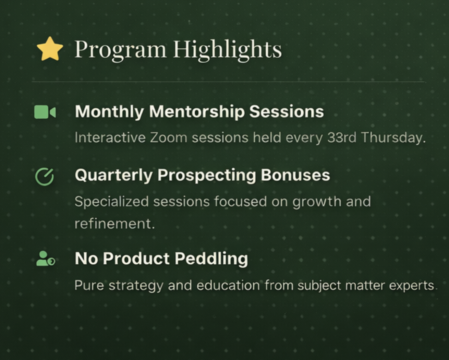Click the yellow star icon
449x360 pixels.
click(50, 49)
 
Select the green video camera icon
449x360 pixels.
click(45, 112)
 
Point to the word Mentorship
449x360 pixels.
click(197, 112)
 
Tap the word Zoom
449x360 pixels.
click(169, 138)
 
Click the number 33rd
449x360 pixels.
click(342, 137)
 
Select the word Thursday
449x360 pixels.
click(393, 138)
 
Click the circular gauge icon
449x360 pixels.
click(44, 177)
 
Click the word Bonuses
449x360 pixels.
click(295, 175)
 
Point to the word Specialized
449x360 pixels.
click(112, 202)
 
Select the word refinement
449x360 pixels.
click(114, 224)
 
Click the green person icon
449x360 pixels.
click(46, 259)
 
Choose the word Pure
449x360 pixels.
click(89, 285)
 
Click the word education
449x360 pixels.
click(228, 285)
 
